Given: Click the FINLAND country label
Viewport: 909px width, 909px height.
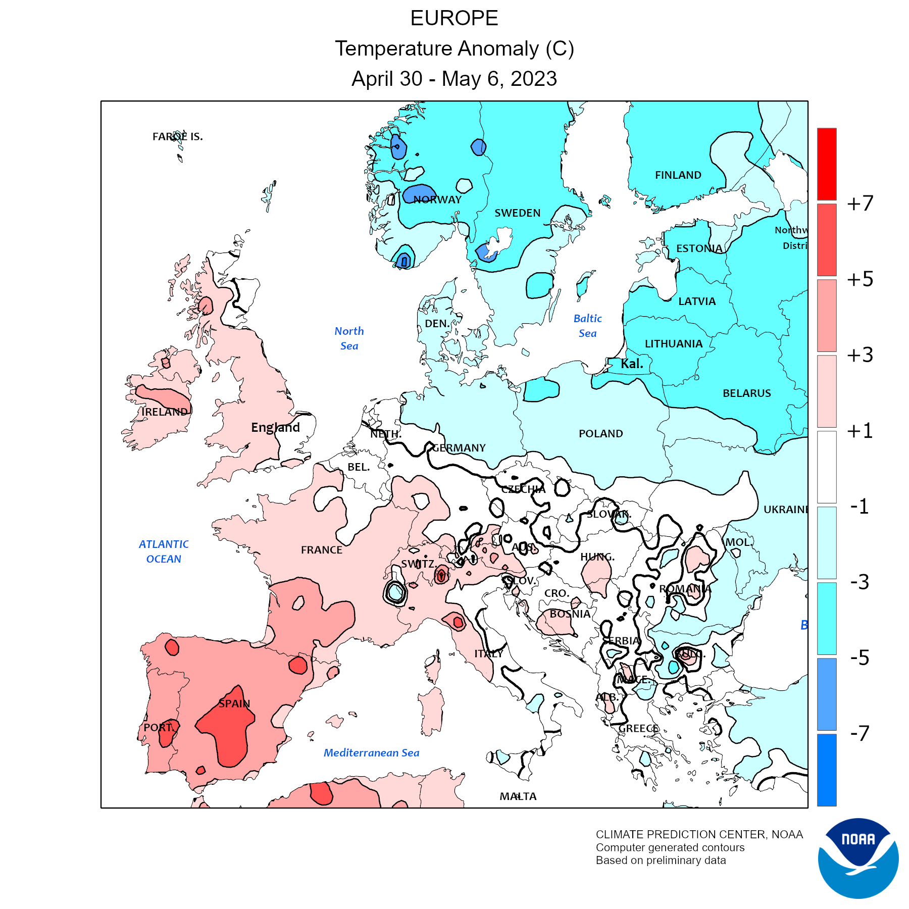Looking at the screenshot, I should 678,175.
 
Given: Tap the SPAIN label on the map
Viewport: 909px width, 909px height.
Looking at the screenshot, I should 234,703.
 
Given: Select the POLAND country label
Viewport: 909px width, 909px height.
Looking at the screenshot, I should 600,434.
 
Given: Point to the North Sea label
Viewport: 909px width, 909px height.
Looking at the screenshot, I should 349,338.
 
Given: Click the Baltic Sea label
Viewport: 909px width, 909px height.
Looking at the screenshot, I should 587,326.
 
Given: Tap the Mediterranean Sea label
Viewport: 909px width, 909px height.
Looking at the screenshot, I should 371,753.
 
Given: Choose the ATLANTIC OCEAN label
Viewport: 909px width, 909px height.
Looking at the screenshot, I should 164,551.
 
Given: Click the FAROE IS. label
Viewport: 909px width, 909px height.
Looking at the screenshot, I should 177,137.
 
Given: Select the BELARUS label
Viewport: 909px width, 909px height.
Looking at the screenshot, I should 746,393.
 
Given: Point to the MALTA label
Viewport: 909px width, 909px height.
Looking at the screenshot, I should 518,796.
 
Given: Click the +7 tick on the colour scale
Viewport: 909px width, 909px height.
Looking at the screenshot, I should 860,204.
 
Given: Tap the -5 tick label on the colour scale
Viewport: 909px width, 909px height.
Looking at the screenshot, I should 860,658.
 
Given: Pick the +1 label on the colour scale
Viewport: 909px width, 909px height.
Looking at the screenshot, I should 860,431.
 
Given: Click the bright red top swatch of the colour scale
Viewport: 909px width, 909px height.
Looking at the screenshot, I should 827,164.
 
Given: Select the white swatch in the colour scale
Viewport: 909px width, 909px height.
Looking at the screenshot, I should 827,467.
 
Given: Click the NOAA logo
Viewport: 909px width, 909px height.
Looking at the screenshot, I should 858,858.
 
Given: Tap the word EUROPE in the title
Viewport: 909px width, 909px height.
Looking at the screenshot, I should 454,19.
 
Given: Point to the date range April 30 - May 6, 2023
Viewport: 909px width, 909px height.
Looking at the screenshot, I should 454,79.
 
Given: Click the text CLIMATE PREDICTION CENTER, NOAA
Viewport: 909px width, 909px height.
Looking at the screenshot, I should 699,835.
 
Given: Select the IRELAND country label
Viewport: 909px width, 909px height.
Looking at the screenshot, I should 165,412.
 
